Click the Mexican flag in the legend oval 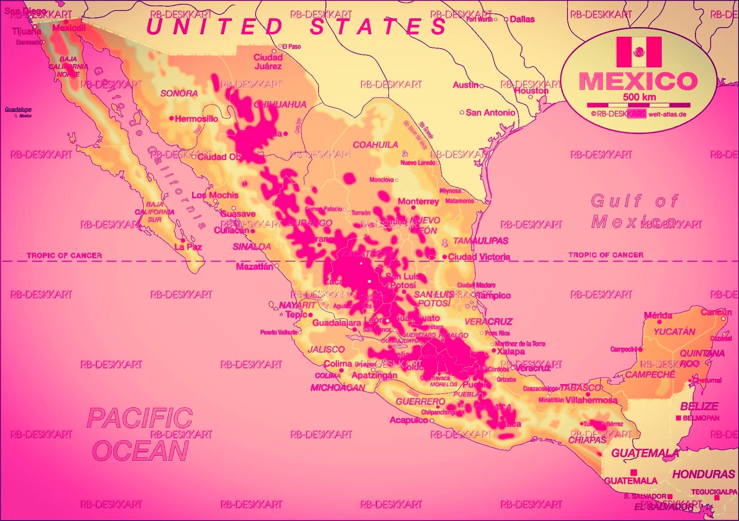(639, 52)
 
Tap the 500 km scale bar (639, 105)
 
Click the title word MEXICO (638, 81)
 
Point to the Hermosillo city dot (172, 118)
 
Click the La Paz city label (188, 247)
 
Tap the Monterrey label (418, 201)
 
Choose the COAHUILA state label (375, 145)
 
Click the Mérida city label (658, 315)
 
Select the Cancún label (716, 312)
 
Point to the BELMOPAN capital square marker (678, 418)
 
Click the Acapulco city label (408, 420)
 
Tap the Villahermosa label (591, 400)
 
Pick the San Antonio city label (490, 113)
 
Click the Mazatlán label (254, 267)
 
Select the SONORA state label (179, 93)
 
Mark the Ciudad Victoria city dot (445, 257)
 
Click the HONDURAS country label (703, 474)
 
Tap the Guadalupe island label (18, 110)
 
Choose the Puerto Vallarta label (278, 332)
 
